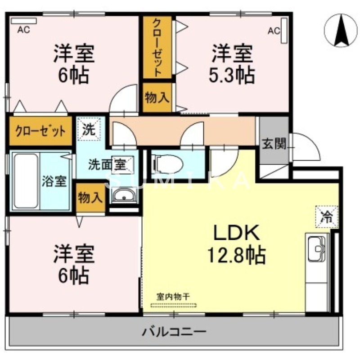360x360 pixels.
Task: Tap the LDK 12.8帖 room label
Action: [235, 244]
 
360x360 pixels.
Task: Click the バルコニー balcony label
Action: [175, 333]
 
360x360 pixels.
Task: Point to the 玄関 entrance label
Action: [274, 144]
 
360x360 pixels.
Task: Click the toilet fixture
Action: [167, 163]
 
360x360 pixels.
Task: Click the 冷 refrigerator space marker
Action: [328, 217]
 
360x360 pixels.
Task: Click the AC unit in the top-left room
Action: [23, 21]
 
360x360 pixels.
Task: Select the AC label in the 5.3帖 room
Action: [274, 31]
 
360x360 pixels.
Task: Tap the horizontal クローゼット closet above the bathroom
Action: [40, 131]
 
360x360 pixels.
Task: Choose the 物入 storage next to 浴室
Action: [90, 197]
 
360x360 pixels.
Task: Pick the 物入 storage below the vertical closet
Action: [157, 97]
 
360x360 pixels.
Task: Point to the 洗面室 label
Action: [107, 164]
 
